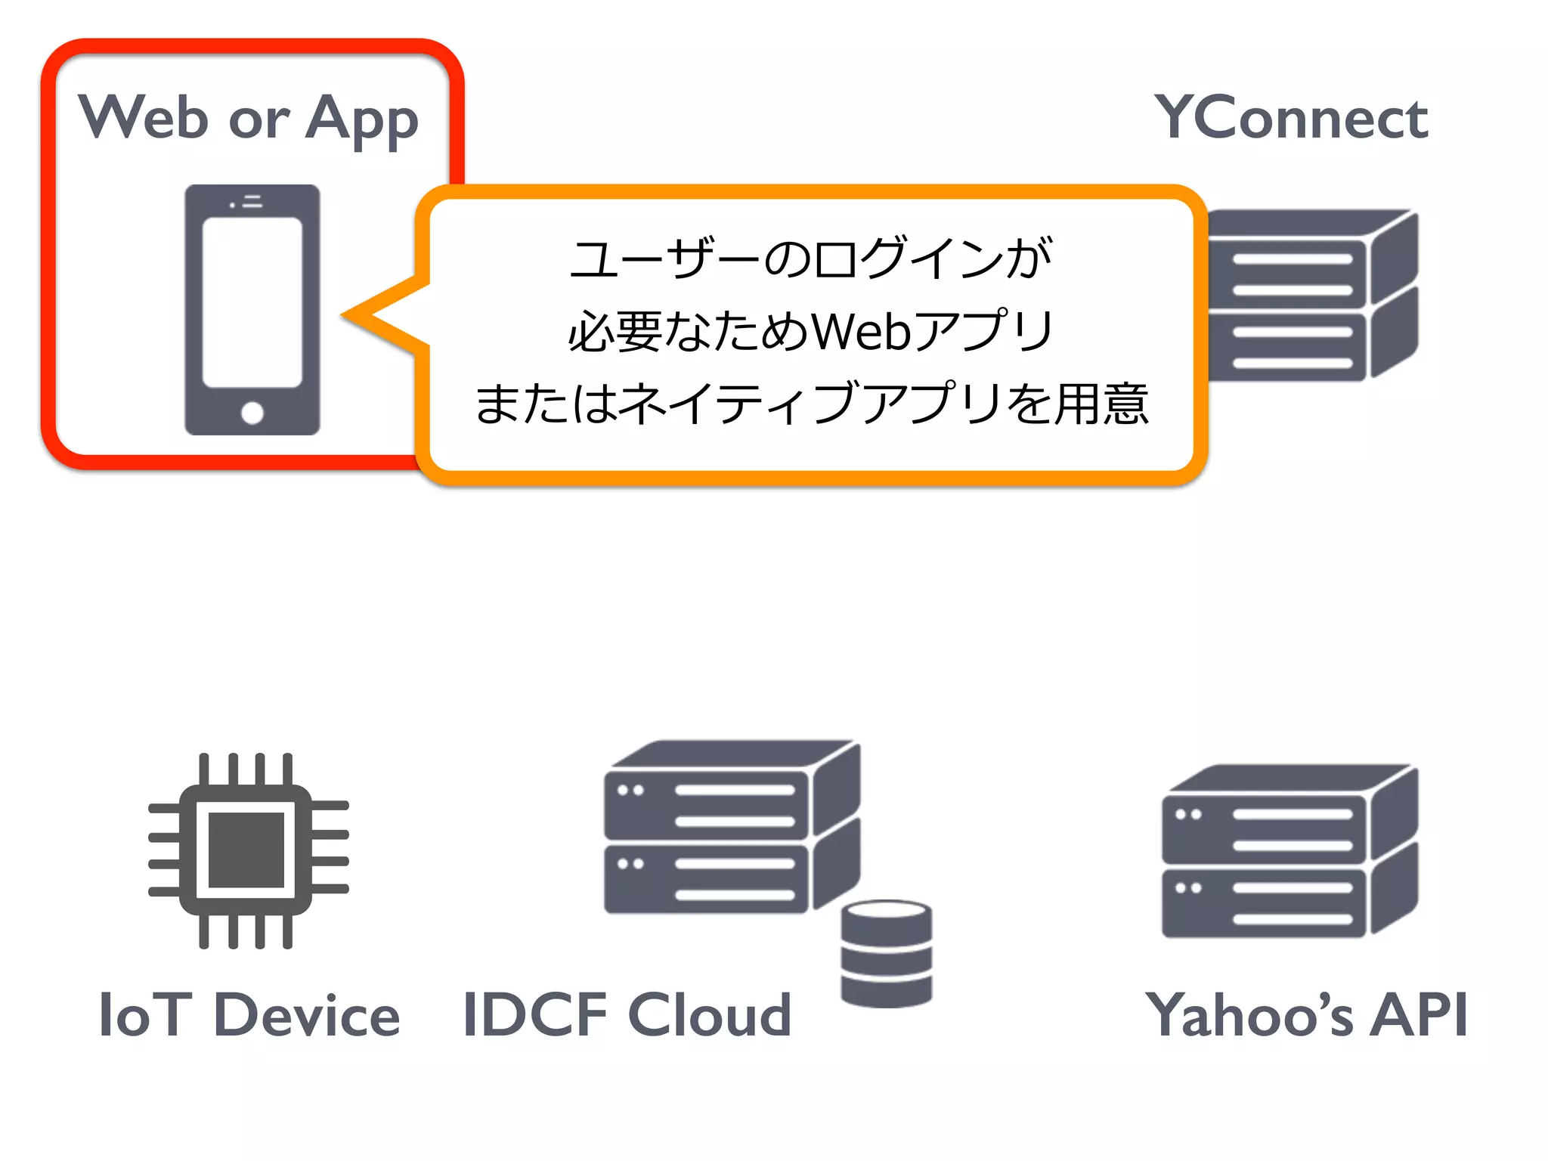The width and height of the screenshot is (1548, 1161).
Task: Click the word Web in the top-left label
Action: coord(144,119)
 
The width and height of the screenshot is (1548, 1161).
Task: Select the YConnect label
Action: coord(1291,119)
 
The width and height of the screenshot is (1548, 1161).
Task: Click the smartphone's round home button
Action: coord(252,413)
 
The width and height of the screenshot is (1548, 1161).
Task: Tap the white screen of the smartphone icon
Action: coord(252,302)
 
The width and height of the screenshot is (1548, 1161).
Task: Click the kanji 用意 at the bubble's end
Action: coord(1102,404)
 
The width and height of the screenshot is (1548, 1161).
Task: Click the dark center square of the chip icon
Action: coord(246,850)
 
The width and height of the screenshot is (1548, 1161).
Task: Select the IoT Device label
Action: coord(249,1015)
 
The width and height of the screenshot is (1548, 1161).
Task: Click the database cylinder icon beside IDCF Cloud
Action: coord(886,954)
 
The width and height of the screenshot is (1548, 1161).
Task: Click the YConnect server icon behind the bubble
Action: coord(1311,295)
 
